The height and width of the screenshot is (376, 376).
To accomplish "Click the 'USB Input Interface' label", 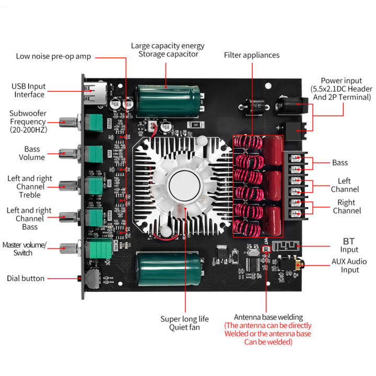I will [x=29, y=90].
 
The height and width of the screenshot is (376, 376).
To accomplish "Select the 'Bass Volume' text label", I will [x=32, y=153].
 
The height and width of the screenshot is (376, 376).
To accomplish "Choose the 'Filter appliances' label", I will [x=252, y=55].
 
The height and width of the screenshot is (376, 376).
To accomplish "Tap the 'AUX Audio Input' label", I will [x=349, y=265].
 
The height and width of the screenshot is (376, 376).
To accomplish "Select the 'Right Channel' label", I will [x=346, y=206].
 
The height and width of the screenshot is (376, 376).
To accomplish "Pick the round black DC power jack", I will [x=287, y=103].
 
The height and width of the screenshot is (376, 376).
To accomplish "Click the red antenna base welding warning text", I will [x=267, y=333].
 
